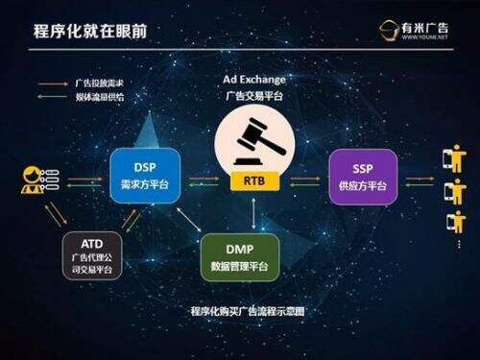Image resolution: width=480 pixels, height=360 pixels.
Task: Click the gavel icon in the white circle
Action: [253, 140]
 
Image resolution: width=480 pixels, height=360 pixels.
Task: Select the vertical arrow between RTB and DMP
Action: [253, 210]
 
